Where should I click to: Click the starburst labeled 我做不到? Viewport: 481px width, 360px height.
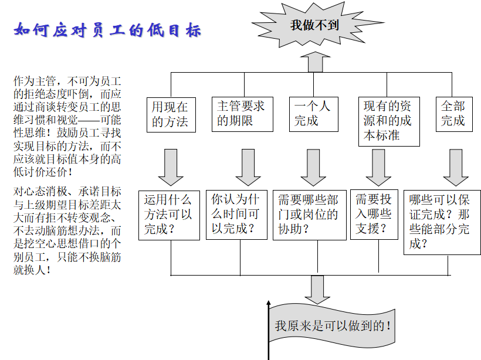point(317,25)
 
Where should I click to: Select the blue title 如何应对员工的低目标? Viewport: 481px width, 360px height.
point(107,30)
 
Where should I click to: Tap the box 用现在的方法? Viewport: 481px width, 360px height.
point(171,115)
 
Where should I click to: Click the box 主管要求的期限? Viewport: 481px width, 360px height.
point(242,114)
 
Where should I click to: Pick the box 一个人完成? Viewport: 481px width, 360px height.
point(313,114)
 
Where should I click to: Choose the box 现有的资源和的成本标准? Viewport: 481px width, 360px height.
point(389,121)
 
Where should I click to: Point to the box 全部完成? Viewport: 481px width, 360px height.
point(454,114)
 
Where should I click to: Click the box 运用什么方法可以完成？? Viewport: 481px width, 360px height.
point(169,215)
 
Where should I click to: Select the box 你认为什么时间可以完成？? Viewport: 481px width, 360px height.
point(236,215)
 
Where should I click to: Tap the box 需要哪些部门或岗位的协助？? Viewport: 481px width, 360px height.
point(310,215)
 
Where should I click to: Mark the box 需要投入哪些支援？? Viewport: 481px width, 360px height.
point(374,215)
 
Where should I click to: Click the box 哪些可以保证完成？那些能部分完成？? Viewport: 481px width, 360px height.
point(442,222)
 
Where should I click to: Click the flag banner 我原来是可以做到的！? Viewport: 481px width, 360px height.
point(332,325)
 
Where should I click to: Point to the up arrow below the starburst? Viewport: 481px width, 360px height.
point(315,62)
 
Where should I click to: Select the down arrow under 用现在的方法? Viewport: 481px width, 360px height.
point(171,168)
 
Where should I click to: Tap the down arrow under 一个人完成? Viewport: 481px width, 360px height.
point(313,168)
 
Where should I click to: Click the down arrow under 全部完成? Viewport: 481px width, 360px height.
point(456,168)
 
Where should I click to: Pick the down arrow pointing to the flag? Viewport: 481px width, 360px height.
point(317,290)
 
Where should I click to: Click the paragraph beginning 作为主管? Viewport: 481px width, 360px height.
point(67,126)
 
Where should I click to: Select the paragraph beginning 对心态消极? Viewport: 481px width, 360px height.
point(67,230)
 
